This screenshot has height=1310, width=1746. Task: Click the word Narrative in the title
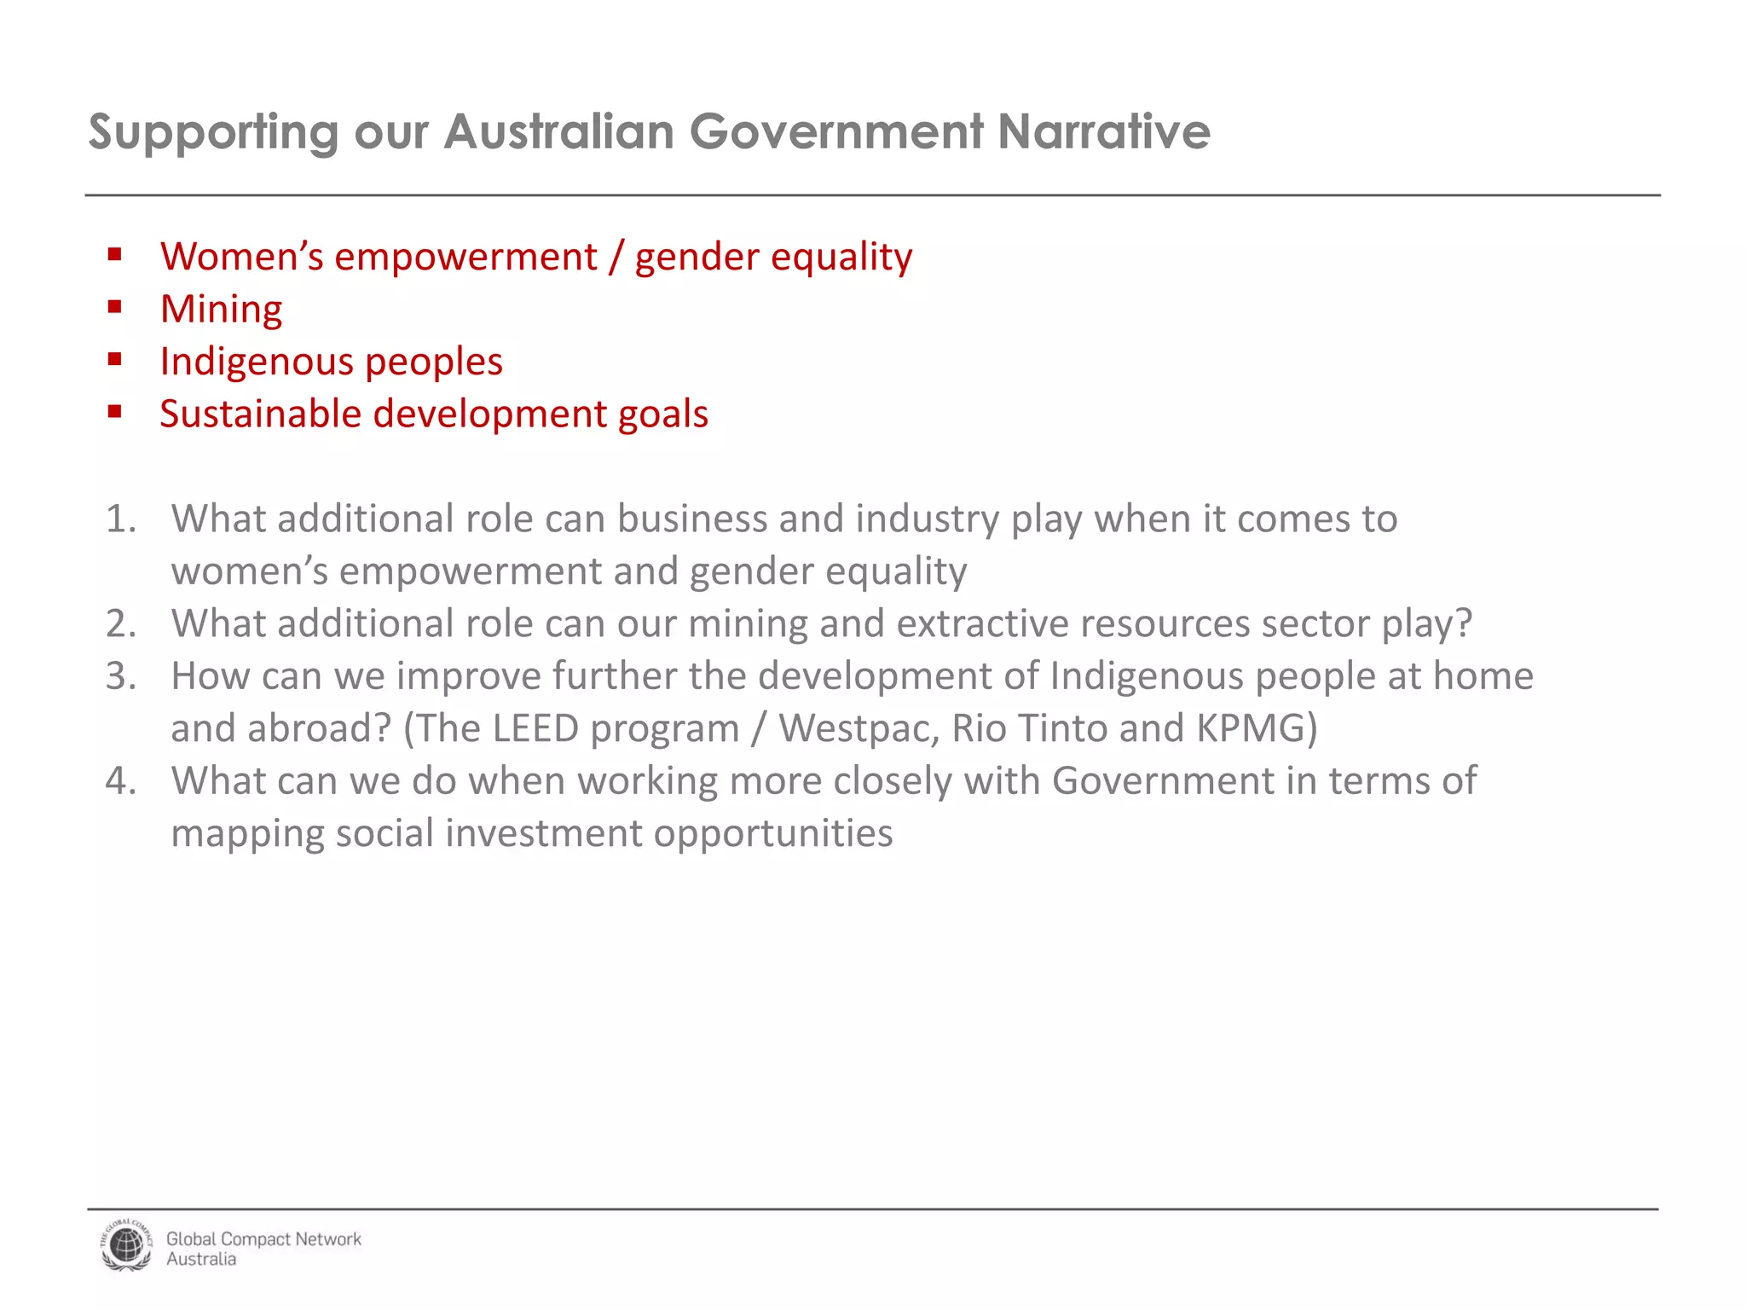pos(1103,132)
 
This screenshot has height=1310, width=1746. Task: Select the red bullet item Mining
pos(221,309)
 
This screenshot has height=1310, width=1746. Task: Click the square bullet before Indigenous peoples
pos(115,360)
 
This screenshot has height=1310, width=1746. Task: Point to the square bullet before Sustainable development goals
pos(115,413)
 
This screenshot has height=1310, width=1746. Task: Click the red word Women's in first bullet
pos(241,257)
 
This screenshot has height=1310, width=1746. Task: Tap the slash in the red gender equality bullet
pos(616,257)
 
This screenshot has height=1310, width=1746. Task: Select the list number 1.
pos(120,519)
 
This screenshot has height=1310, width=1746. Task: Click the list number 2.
pos(120,623)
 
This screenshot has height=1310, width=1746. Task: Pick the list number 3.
pos(120,675)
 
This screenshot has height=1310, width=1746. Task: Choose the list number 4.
pos(120,780)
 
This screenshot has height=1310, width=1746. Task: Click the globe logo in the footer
pos(126,1246)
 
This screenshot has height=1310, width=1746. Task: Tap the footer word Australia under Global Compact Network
pos(201,1260)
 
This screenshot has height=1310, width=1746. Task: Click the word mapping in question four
pos(247,834)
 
